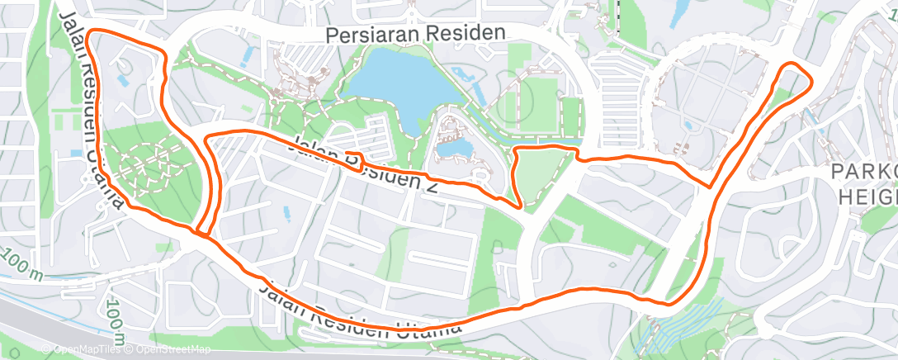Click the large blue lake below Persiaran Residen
tap(396, 83)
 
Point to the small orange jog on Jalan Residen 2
tap(358, 154)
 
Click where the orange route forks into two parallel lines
tap(201, 230)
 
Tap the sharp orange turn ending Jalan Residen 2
tap(518, 206)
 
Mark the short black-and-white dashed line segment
tap(617, 15)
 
